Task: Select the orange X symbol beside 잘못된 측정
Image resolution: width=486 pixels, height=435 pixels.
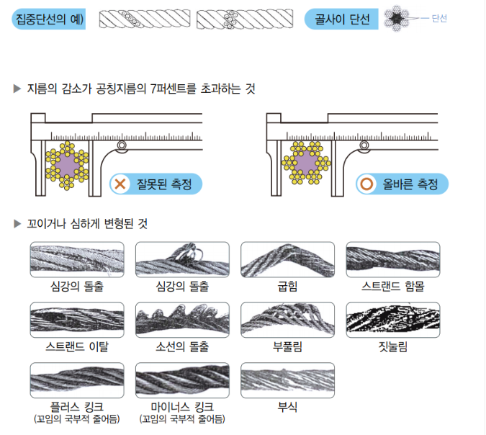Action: (x=120, y=184)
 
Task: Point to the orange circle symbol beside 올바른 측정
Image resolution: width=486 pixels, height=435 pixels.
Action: (x=366, y=184)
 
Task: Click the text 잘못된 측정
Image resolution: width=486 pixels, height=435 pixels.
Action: (x=164, y=184)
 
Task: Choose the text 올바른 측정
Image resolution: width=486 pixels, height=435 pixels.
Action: (x=409, y=184)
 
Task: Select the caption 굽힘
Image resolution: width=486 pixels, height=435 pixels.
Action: (x=287, y=287)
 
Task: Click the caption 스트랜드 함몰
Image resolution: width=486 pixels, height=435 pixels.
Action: (x=392, y=287)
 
